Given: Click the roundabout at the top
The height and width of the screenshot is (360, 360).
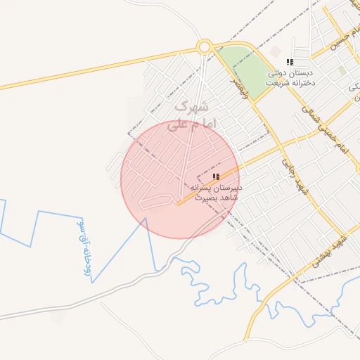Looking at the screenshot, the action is (205, 47).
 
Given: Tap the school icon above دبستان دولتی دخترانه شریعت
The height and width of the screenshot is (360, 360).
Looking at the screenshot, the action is (290, 63).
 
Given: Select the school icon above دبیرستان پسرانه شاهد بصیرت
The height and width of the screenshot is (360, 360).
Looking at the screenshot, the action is (216, 176).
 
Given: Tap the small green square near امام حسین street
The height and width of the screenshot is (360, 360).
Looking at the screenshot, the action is (342, 71).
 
